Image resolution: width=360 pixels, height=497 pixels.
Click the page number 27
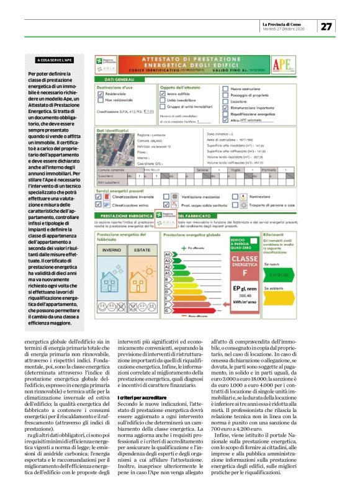pos(326,26)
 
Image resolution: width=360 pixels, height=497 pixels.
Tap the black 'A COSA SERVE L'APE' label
pos(55,61)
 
